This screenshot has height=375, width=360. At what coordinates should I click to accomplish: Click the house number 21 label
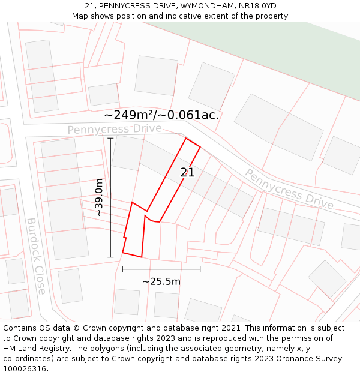point(187,172)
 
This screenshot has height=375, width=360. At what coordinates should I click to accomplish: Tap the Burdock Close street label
point(35,256)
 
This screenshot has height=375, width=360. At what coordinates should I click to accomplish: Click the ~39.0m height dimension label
point(99,197)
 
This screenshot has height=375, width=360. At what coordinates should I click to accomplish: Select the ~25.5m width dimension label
point(161,281)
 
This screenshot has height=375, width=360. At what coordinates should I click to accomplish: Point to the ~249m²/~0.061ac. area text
point(161,115)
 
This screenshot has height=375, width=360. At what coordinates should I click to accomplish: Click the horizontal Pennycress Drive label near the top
point(114,129)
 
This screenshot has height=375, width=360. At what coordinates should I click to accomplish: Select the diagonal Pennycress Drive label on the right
point(289,188)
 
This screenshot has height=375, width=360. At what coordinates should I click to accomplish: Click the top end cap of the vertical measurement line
point(110,138)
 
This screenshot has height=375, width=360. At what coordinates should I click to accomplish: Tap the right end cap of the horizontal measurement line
point(200,269)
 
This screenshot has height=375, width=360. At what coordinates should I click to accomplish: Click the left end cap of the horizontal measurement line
point(122,269)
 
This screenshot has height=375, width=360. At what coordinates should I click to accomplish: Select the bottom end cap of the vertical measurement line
point(110,257)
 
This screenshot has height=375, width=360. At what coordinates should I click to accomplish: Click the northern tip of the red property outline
point(187,139)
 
